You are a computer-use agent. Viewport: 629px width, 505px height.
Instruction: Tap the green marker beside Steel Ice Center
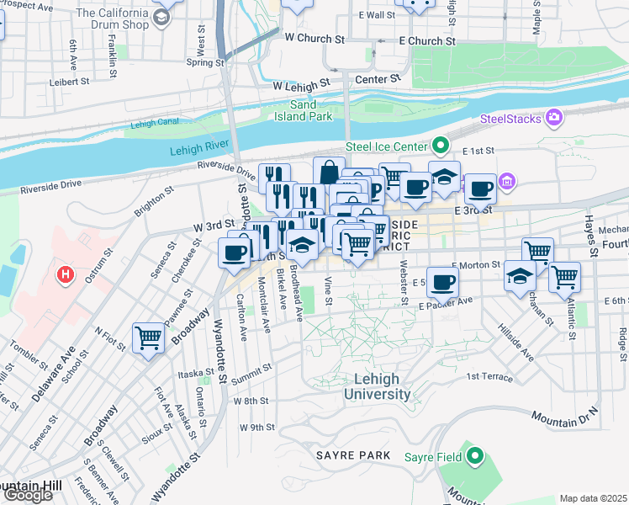[x=438, y=144]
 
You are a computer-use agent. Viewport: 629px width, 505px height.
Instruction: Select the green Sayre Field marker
[x=475, y=457]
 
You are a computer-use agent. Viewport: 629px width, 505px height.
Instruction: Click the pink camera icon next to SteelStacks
[x=554, y=117]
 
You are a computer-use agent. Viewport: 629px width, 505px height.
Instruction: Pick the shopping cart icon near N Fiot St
[x=149, y=338]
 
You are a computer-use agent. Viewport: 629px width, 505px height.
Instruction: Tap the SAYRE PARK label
[x=353, y=455]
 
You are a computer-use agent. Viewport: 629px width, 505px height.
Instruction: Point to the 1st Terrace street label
[x=489, y=376]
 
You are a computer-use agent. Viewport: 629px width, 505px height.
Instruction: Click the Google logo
[x=28, y=495]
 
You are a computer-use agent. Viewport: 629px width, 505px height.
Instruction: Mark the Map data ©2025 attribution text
[x=593, y=498]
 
